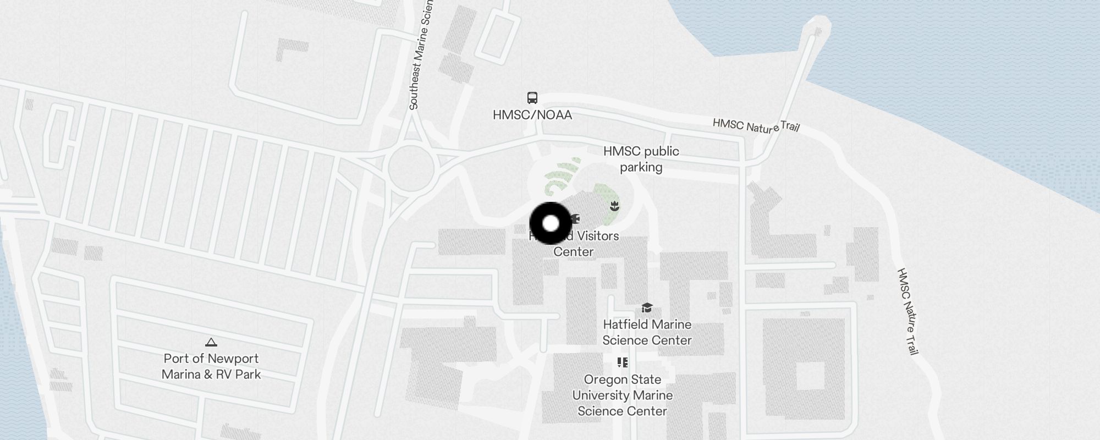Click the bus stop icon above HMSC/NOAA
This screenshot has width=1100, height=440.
click(x=532, y=98)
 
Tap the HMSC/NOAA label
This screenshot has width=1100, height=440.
click(x=532, y=115)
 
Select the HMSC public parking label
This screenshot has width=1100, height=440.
click(x=641, y=159)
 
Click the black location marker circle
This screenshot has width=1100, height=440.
click(x=551, y=223)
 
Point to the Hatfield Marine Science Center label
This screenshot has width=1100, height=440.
click(x=647, y=332)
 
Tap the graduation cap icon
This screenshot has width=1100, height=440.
click(x=647, y=308)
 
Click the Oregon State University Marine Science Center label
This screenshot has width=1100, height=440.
click(x=622, y=395)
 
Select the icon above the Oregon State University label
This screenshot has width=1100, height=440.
click(x=622, y=362)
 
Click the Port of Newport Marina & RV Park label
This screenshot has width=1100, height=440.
click(x=211, y=366)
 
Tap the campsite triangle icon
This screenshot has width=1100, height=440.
click(x=211, y=343)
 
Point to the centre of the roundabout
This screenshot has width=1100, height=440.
click(x=411, y=167)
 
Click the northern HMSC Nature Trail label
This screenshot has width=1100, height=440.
click(x=756, y=126)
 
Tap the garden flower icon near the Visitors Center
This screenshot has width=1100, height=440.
click(x=615, y=206)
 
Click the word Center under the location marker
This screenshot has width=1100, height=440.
click(x=573, y=252)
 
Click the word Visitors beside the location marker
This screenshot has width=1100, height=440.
click(x=594, y=236)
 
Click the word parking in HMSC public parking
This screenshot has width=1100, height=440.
click(x=641, y=167)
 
